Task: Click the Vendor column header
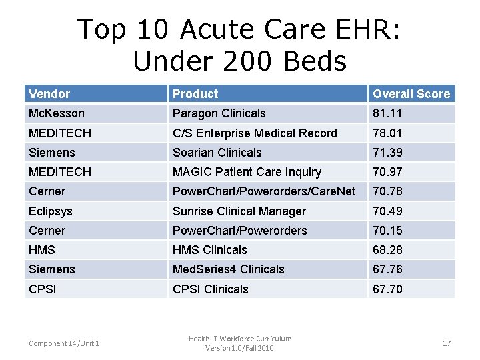pyautogui.click(x=49, y=94)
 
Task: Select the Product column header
pyautogui.click(x=195, y=94)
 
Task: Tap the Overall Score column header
pyautogui.click(x=411, y=94)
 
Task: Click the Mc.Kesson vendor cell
pyautogui.click(x=57, y=113)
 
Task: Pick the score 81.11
pyautogui.click(x=388, y=113)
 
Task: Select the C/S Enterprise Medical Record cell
pyautogui.click(x=255, y=133)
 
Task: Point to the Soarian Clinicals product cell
pyautogui.click(x=217, y=153)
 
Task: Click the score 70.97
pyautogui.click(x=388, y=172)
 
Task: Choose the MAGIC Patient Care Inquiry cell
pyautogui.click(x=247, y=172)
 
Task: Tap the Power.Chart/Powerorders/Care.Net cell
pyautogui.click(x=264, y=192)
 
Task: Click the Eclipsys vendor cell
pyautogui.click(x=51, y=211)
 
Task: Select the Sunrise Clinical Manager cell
pyautogui.click(x=239, y=211)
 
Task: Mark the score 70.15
pyautogui.click(x=388, y=231)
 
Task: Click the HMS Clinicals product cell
pyautogui.click(x=210, y=250)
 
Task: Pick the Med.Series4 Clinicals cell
pyautogui.click(x=229, y=269)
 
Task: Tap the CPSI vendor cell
pyautogui.click(x=43, y=289)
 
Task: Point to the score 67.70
pyautogui.click(x=388, y=289)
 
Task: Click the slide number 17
pyautogui.click(x=447, y=343)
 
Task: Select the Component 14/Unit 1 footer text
pyautogui.click(x=64, y=343)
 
